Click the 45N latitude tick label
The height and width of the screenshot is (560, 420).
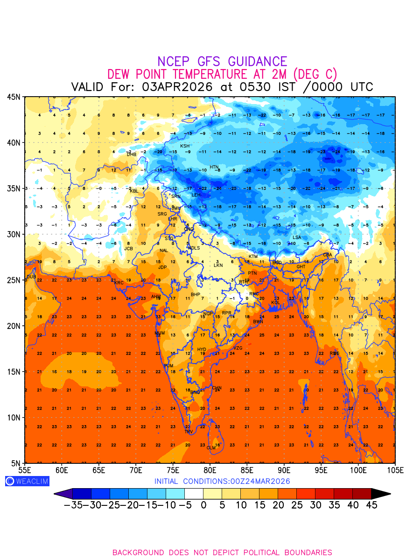click(x=14, y=97)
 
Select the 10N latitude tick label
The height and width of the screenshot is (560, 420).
click(x=14, y=418)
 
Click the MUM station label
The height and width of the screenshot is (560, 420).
click(x=160, y=333)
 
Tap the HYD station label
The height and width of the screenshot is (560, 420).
click(x=202, y=350)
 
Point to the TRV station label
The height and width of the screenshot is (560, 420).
click(x=189, y=432)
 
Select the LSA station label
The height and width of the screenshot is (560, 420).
click(x=297, y=238)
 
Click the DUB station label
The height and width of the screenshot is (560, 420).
click(x=31, y=277)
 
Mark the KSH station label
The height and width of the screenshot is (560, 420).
click(x=185, y=146)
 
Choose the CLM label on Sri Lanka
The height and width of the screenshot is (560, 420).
click(x=211, y=448)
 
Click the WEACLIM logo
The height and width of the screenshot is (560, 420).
click(x=27, y=481)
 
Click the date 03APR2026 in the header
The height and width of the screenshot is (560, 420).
click(x=177, y=87)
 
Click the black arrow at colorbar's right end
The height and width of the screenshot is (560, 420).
click(x=381, y=494)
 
